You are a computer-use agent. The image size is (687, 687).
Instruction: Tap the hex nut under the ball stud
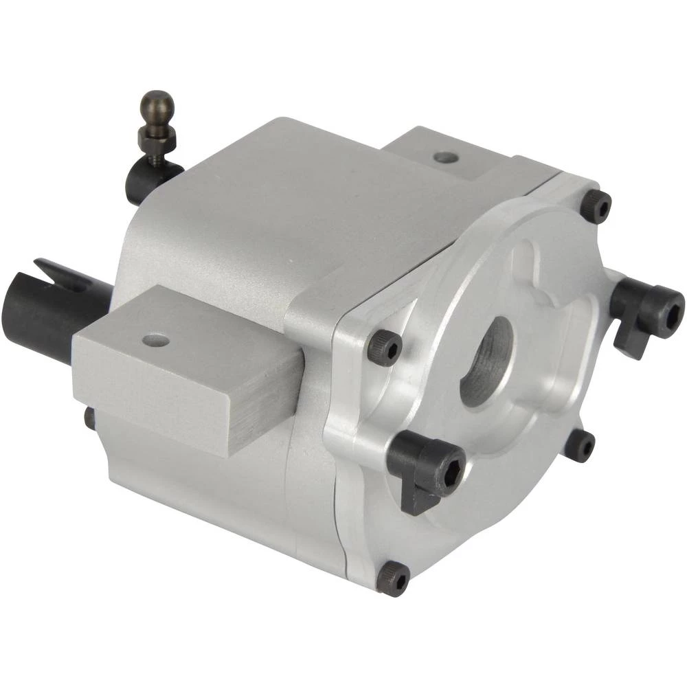coord(157,137)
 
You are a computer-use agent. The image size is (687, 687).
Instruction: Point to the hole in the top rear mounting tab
coord(446,157)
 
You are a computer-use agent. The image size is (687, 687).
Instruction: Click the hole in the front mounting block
coord(156,340)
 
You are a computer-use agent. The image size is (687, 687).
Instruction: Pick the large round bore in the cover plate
coord(486,360)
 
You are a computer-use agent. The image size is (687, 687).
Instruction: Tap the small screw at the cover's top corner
coord(596,205)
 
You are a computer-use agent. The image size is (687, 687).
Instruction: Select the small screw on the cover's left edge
coord(384,348)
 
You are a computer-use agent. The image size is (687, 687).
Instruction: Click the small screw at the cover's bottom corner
coord(393,577)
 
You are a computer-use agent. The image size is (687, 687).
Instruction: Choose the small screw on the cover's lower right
coord(580,445)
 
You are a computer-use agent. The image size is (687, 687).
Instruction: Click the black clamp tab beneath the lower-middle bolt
coord(416,500)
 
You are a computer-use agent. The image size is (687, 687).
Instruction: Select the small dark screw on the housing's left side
coord(89,418)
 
